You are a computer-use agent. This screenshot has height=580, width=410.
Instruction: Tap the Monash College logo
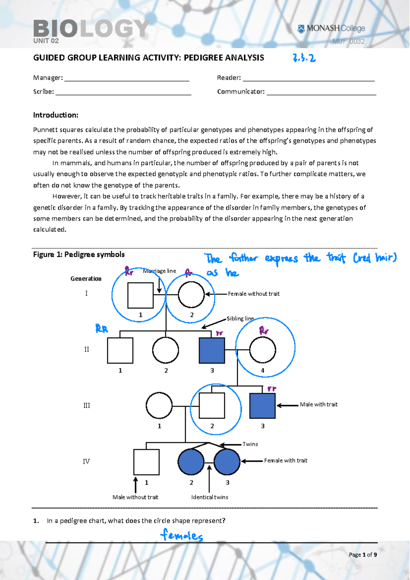(x=331, y=29)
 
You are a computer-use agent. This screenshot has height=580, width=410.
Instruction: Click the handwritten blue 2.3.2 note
(x=304, y=58)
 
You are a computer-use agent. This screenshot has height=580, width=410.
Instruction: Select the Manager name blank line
(x=126, y=78)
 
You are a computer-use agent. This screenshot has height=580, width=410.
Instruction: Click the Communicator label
(x=241, y=92)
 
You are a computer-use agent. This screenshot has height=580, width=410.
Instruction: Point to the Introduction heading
(x=56, y=115)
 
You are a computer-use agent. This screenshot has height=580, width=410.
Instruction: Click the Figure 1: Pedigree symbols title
(x=79, y=254)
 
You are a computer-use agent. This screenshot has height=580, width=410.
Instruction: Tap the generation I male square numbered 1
(x=140, y=295)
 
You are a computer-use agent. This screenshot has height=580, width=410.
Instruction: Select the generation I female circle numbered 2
(x=191, y=294)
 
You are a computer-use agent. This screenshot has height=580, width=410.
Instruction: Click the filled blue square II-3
(x=212, y=350)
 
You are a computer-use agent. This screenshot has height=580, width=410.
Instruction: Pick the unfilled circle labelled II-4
(x=262, y=350)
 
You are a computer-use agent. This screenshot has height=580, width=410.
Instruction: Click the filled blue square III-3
(x=262, y=406)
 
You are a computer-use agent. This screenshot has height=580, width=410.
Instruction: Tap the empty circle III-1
(x=159, y=405)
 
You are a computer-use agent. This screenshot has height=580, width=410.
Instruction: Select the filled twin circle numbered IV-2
(x=191, y=462)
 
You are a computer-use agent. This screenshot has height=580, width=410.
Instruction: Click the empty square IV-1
(x=146, y=462)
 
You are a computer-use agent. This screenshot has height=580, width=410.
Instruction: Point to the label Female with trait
(x=286, y=461)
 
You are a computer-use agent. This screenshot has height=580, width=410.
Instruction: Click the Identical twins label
(x=210, y=497)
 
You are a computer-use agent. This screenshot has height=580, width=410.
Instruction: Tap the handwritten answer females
(x=182, y=535)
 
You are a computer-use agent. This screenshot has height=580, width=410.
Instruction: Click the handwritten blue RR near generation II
(x=101, y=329)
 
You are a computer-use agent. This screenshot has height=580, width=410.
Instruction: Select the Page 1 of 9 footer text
(x=363, y=555)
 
